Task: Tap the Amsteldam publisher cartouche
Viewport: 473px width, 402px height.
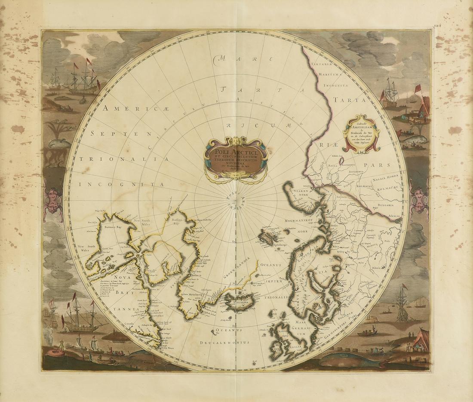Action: coord(361,134)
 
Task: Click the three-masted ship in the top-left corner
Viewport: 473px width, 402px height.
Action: coord(84,82)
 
